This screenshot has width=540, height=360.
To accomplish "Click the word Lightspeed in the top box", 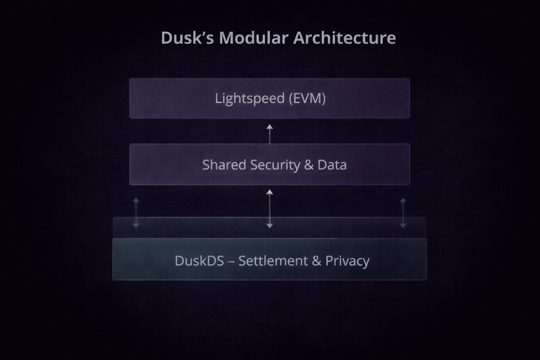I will pos(250,99).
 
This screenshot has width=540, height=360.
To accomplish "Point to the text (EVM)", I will pos(307,99).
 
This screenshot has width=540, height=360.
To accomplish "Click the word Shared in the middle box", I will pos(224,164).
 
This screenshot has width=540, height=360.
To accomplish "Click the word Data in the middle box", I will pos(332,164).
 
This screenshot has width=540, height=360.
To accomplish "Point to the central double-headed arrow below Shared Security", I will pos(269,209).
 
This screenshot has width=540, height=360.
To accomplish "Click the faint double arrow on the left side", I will pos(136,213).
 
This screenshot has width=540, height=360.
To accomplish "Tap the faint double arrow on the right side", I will pos(403,213).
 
